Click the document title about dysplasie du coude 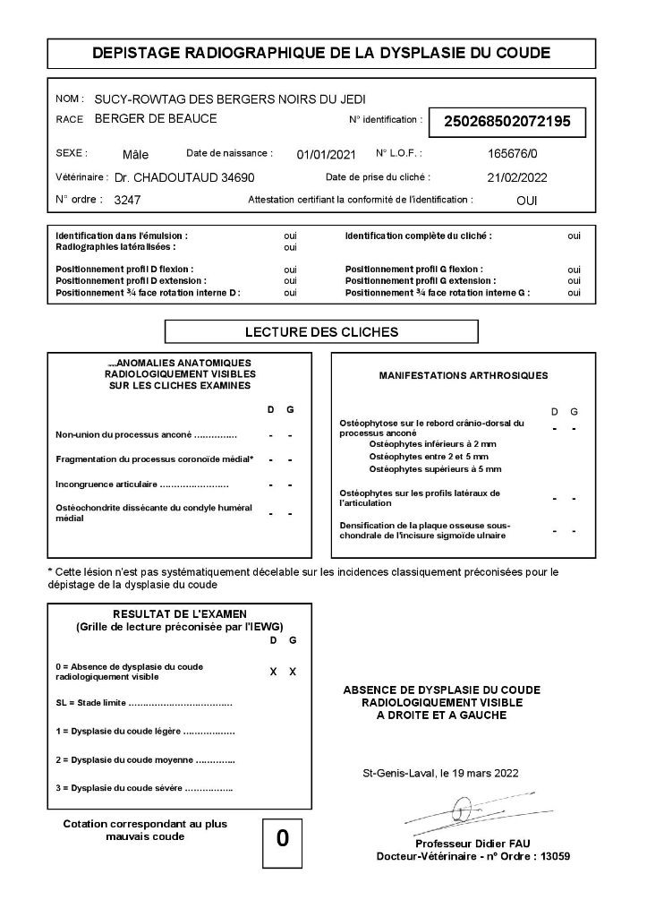(321, 54)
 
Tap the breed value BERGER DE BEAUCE (156, 118)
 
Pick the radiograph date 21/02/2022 (516, 177)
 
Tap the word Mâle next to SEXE (136, 154)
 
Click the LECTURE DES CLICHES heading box (321, 332)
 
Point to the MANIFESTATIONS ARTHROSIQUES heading (464, 375)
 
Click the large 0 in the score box (283, 838)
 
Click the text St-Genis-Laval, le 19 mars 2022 (439, 772)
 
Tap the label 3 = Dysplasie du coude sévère (144, 789)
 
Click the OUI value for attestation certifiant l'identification (527, 201)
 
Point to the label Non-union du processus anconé (146, 435)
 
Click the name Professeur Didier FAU (472, 844)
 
